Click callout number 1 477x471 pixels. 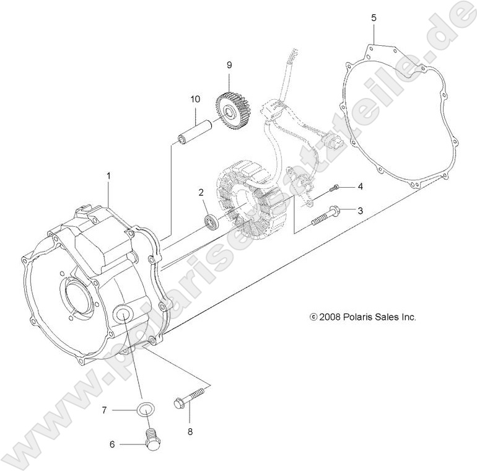click(x=108, y=176)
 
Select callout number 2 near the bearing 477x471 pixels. click(x=201, y=192)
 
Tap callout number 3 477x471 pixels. click(x=360, y=211)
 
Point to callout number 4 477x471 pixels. click(x=360, y=187)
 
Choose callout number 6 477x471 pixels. click(x=112, y=444)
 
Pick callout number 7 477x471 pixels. click(x=105, y=410)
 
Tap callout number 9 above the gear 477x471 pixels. click(x=229, y=64)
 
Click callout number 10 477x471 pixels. click(x=195, y=99)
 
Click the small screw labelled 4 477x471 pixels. click(x=335, y=188)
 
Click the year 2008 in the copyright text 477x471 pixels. click(x=331, y=317)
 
